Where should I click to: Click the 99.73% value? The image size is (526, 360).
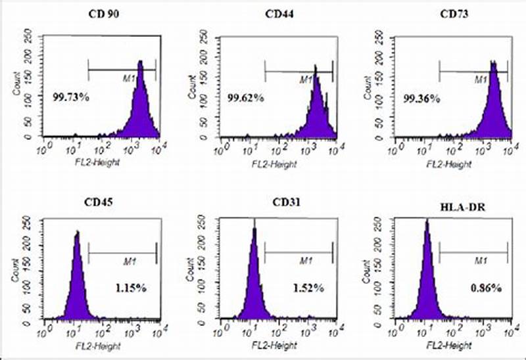pyautogui.click(x=71, y=97)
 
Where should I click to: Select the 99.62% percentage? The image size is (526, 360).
pyautogui.click(x=246, y=98)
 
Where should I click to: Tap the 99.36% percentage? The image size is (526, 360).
pyautogui.click(x=422, y=98)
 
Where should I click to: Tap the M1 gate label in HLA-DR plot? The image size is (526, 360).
pyautogui.click(x=481, y=261)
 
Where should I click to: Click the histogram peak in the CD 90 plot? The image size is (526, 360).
pyautogui.click(x=140, y=62)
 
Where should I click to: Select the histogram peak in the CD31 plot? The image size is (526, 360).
pyautogui.click(x=254, y=230)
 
